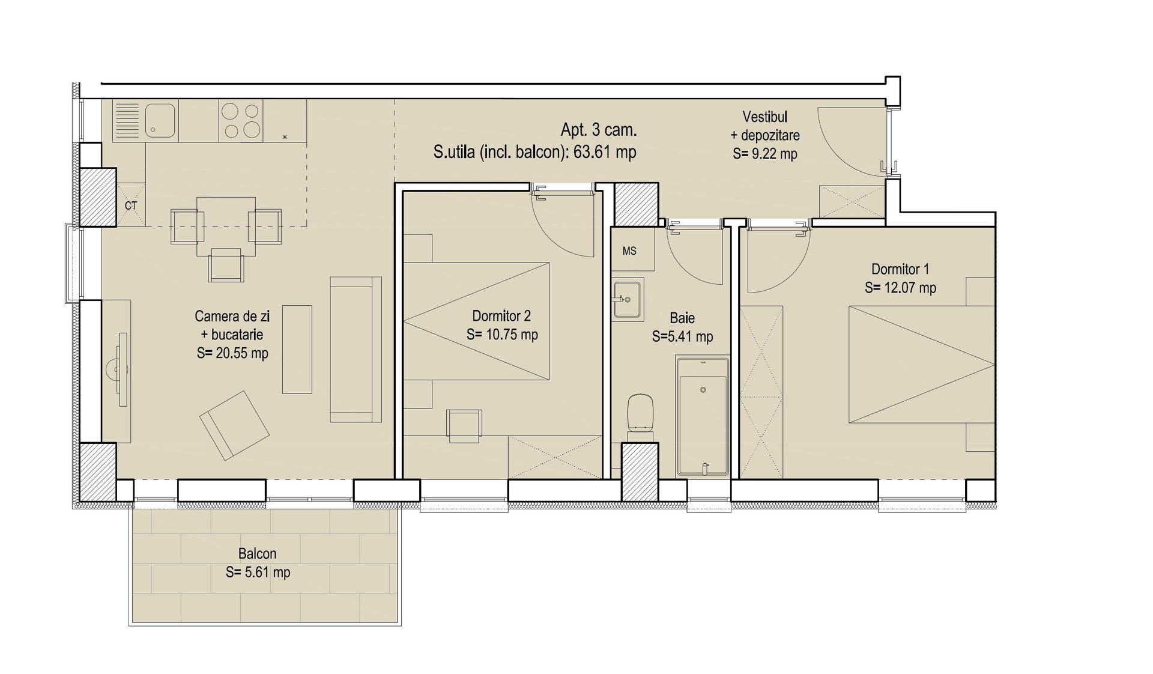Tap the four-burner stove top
tap(241, 121)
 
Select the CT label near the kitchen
tap(131, 205)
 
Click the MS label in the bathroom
tap(629, 251)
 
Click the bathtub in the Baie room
tap(703, 417)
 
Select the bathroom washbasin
tap(628, 299)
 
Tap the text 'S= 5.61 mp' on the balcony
tap(258, 572)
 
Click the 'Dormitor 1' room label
tap(900, 269)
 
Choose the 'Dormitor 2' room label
tap(501, 316)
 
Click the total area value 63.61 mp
tap(605, 152)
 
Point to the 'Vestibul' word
tap(764, 117)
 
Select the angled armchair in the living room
tap(234, 425)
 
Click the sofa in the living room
tap(356, 349)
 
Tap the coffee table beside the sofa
tap(297, 349)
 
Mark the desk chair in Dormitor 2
tap(464, 426)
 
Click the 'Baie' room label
tap(682, 318)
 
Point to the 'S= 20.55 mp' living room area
tap(232, 353)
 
